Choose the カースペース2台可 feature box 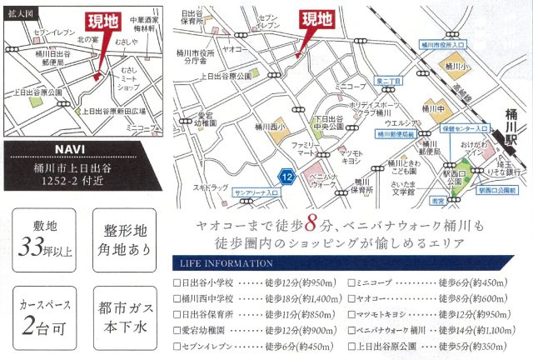coord(35,315)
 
